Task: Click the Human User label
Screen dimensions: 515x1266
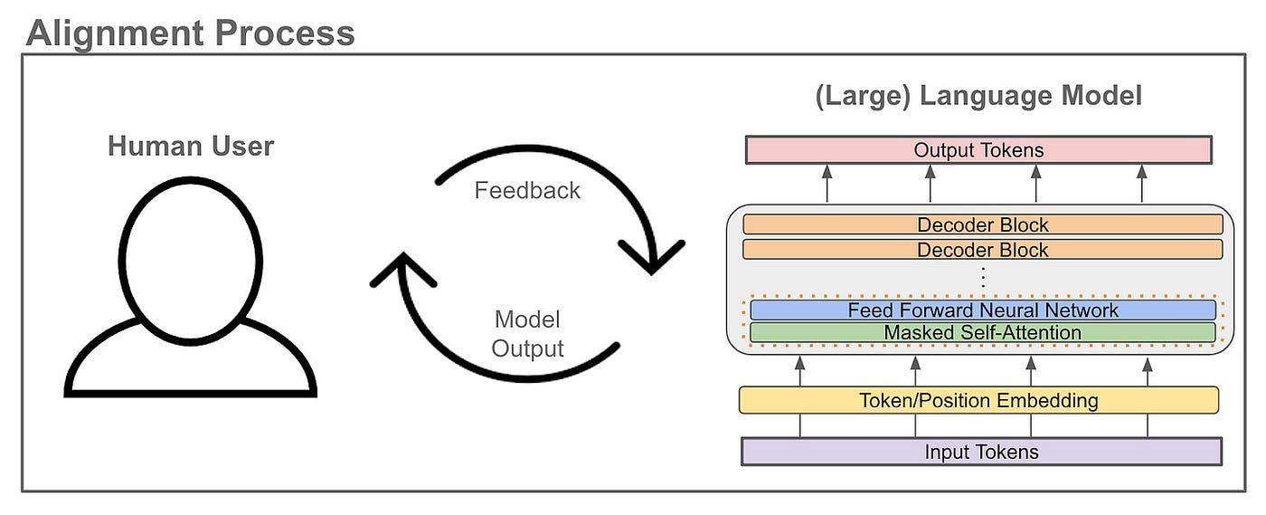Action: (x=190, y=146)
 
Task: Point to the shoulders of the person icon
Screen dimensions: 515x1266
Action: (x=190, y=358)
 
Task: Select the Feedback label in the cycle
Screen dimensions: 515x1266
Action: (x=527, y=191)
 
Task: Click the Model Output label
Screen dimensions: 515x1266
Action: (x=527, y=334)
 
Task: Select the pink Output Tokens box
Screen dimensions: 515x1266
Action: (x=978, y=150)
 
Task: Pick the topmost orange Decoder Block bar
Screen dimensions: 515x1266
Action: (x=982, y=224)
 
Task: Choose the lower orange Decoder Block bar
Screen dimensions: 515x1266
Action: (x=982, y=249)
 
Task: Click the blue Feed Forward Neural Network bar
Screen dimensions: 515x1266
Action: (x=982, y=310)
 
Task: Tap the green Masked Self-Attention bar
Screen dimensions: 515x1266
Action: (x=982, y=333)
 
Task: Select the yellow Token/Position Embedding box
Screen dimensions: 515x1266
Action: (x=978, y=400)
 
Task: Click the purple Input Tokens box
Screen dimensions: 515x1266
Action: (x=981, y=452)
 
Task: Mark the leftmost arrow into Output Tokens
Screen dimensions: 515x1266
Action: (x=827, y=183)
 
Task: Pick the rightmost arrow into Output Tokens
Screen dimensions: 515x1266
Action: (x=1141, y=183)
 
